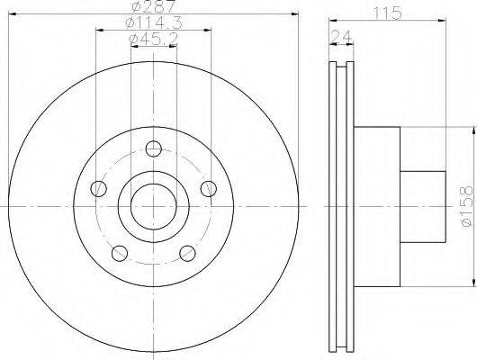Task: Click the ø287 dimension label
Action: (x=154, y=6)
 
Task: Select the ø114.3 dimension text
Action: (x=154, y=22)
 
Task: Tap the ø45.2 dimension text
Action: (x=154, y=40)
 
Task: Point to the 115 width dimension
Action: (x=387, y=13)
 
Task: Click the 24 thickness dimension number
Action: (x=341, y=36)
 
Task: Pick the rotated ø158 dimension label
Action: (x=467, y=206)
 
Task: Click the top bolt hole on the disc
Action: (x=154, y=148)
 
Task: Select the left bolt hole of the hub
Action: (x=99, y=188)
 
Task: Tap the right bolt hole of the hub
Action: (x=209, y=188)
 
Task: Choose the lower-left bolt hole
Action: (x=120, y=253)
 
